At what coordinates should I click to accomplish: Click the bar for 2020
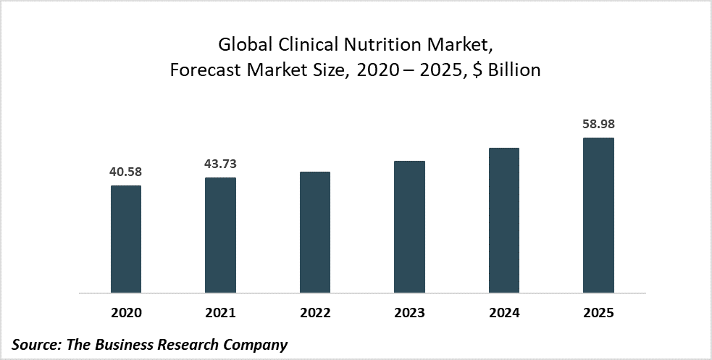pos(126,239)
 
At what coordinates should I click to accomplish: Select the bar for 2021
pos(220,235)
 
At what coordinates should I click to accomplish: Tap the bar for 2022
pos(315,233)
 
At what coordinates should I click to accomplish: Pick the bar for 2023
pos(409,227)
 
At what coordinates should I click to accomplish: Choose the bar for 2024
pos(504,220)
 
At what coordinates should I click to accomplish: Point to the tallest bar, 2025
pos(598,215)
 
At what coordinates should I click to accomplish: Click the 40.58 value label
pos(126,172)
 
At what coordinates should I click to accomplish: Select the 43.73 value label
pos(220,164)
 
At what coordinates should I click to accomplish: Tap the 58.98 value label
pos(598,125)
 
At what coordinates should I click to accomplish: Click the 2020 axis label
pos(126,313)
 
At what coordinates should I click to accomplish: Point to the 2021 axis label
pos(220,313)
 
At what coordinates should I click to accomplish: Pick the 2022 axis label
pos(315,313)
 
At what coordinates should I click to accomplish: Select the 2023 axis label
pos(409,313)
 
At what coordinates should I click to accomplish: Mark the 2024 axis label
pos(504,313)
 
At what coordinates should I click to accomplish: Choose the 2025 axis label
pos(598,313)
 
